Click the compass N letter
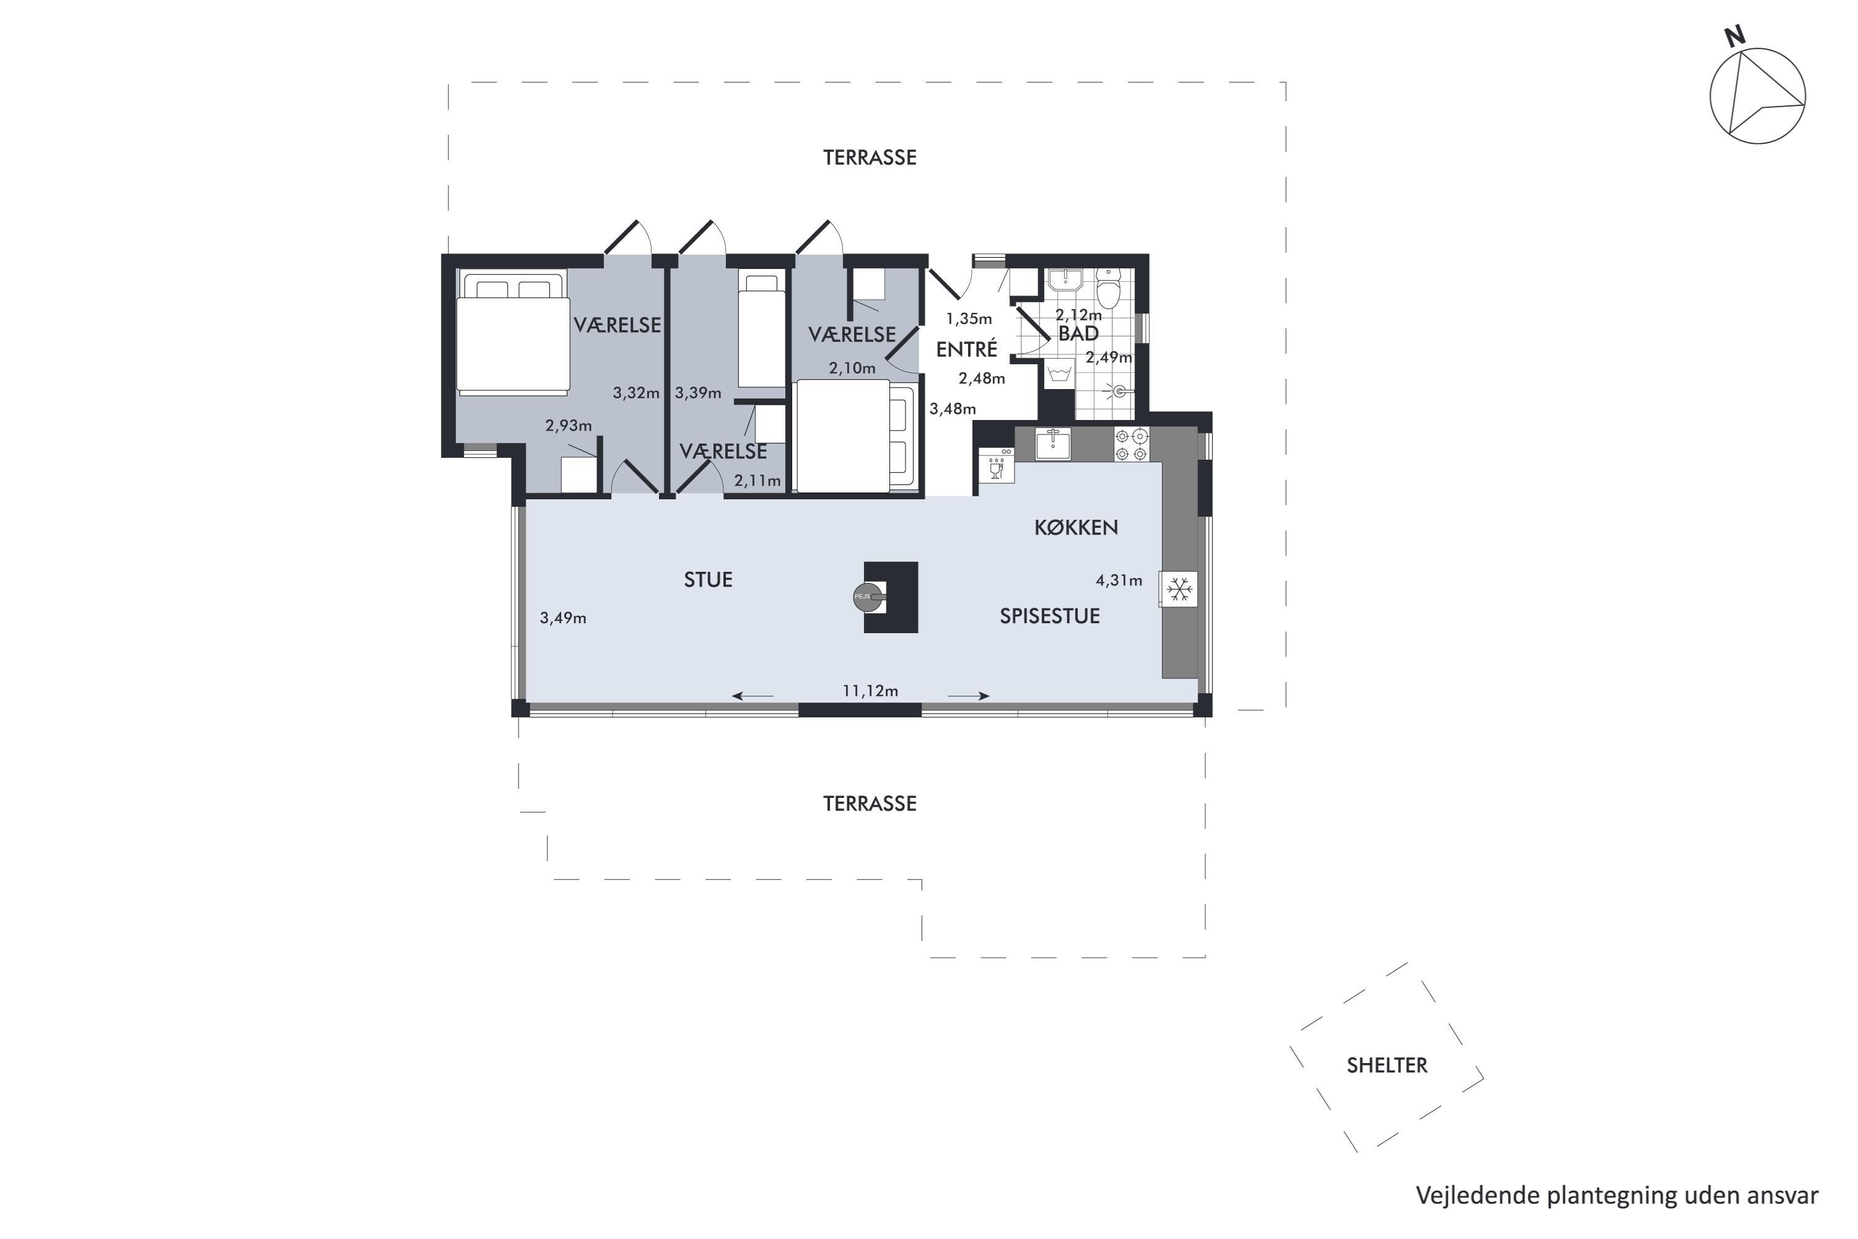tap(1735, 37)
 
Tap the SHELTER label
tap(1387, 1065)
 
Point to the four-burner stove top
tap(1132, 444)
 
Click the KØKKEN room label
tap(1076, 528)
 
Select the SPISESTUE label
tap(1050, 616)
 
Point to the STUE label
tap(708, 580)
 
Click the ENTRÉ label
tap(967, 348)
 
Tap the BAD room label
tap(1078, 333)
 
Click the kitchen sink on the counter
tap(1053, 444)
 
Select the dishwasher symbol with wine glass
tap(996, 465)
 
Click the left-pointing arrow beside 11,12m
tap(753, 696)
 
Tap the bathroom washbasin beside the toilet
tap(1065, 281)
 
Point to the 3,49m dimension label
tap(563, 618)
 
